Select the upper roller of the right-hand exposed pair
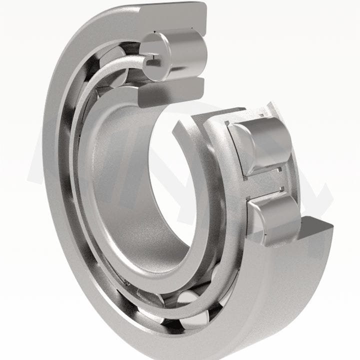[x=260, y=142]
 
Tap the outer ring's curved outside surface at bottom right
[x=280, y=300]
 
